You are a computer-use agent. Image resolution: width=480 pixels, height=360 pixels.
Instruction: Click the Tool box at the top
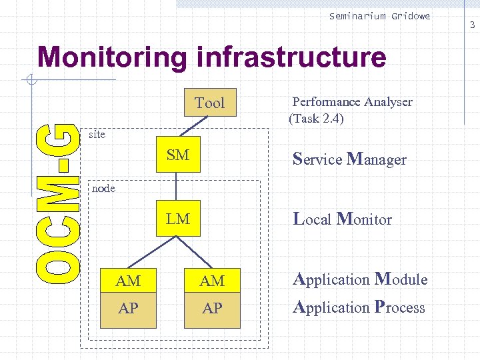pos(209,103)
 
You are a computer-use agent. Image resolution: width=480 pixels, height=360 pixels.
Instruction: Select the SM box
pos(178,155)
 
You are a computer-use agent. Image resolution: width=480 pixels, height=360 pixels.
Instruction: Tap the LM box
pos(178,219)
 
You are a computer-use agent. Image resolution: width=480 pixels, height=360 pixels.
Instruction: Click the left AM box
pos(128,281)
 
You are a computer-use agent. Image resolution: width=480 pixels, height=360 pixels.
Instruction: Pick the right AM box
pos(212,281)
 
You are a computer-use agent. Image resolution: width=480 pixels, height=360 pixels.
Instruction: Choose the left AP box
pos(128,309)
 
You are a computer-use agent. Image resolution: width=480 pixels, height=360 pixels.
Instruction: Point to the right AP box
pos(212,309)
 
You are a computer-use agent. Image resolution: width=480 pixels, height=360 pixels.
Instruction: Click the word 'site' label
pos(97,134)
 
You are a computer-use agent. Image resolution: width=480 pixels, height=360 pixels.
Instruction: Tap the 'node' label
pos(103,188)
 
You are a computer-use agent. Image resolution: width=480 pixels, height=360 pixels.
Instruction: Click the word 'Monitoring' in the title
pos(112,57)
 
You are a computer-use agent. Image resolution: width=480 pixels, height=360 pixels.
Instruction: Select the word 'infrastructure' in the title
pos(291,57)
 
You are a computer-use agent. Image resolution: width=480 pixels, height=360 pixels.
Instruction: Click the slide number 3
pos(472,25)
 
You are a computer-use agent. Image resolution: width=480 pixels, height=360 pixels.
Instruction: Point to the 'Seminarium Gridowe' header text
pos(379,16)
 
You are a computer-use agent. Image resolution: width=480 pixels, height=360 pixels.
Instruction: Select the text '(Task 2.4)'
pos(316,119)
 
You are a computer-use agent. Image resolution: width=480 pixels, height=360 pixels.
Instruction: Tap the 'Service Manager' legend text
pos(349,159)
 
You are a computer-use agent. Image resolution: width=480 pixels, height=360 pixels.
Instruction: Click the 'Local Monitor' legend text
pos(343,219)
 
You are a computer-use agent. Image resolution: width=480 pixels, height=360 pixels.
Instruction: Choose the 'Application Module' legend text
pos(360,279)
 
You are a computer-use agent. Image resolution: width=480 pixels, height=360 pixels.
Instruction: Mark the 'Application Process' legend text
pos(359,307)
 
